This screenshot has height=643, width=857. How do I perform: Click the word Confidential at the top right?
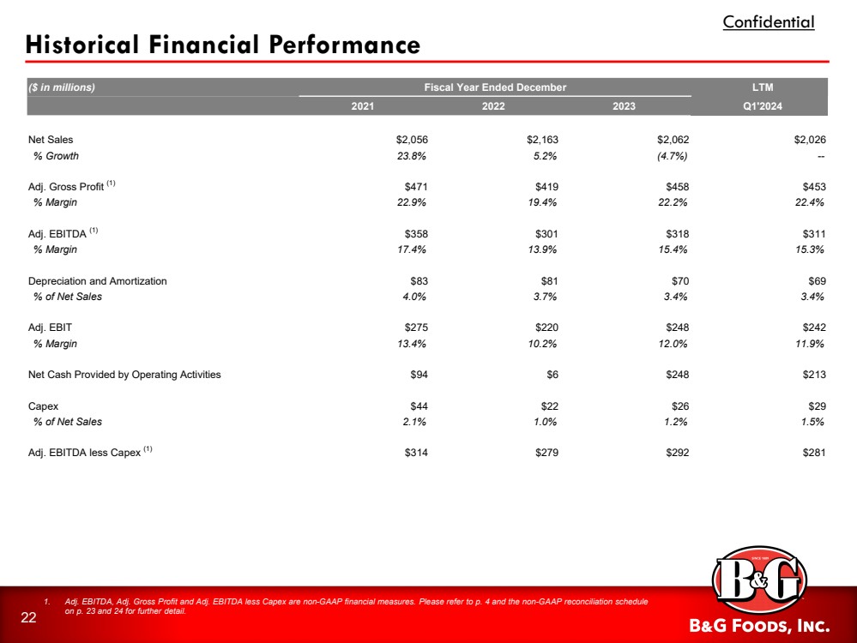769,22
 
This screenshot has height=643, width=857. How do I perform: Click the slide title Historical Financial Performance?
223,45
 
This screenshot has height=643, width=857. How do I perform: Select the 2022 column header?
492,106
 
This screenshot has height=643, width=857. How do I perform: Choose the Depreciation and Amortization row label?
98,280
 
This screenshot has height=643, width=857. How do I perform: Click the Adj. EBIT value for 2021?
415,328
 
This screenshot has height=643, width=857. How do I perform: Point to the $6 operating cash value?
552,375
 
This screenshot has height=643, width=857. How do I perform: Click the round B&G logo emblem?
760,586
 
